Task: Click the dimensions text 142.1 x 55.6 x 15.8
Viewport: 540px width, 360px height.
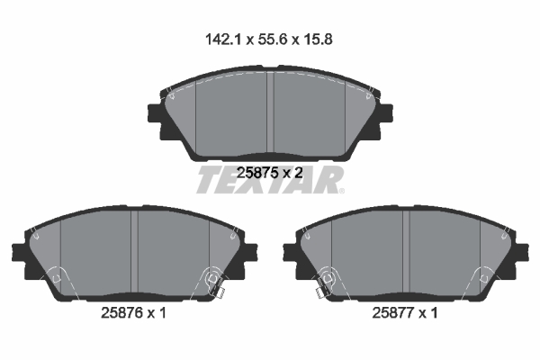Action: (x=270, y=40)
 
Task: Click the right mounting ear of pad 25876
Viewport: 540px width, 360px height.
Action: (x=253, y=258)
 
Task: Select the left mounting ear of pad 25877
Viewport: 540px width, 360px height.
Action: (x=288, y=258)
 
